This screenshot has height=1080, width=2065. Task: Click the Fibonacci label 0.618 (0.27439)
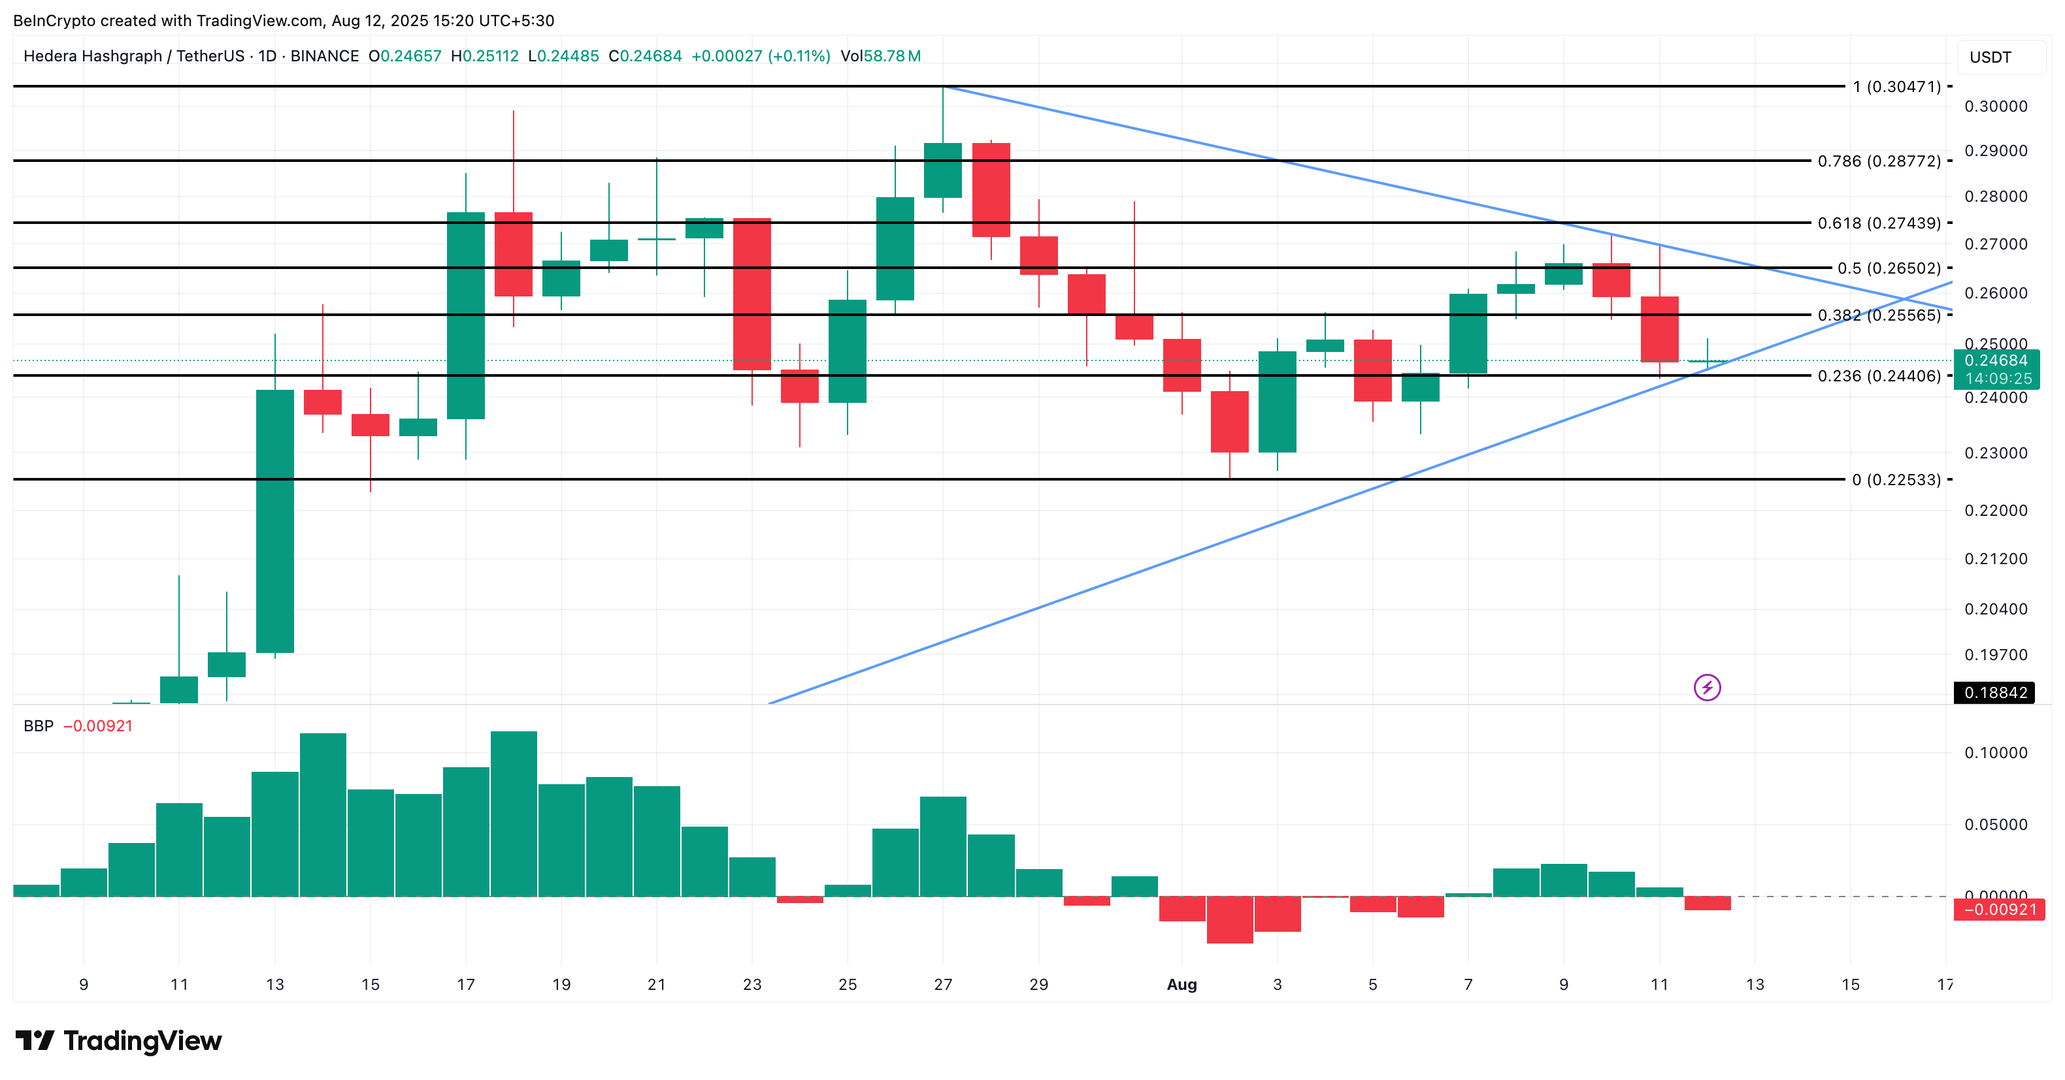click(x=1878, y=223)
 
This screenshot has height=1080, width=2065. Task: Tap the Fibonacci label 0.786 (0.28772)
click(x=1878, y=161)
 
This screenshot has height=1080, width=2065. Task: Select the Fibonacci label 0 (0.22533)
click(x=1896, y=480)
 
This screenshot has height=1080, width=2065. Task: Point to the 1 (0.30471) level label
click(x=1896, y=87)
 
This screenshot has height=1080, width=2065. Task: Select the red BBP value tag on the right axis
click(x=1999, y=910)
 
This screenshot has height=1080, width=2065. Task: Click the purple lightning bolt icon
click(x=1707, y=688)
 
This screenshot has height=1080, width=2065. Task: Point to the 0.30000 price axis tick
click(x=1995, y=106)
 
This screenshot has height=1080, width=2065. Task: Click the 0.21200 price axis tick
click(x=1995, y=558)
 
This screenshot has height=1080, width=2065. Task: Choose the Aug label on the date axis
click(x=1181, y=985)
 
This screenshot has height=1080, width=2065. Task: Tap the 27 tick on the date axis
click(x=943, y=985)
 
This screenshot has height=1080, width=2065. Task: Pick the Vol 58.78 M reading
click(x=880, y=56)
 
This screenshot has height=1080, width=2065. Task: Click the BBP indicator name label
click(x=39, y=726)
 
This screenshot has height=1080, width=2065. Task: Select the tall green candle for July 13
click(x=275, y=521)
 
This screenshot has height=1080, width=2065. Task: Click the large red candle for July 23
click(x=752, y=293)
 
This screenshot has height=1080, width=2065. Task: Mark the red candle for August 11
click(x=1659, y=328)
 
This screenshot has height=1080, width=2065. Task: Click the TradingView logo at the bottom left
click(x=119, y=1041)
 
